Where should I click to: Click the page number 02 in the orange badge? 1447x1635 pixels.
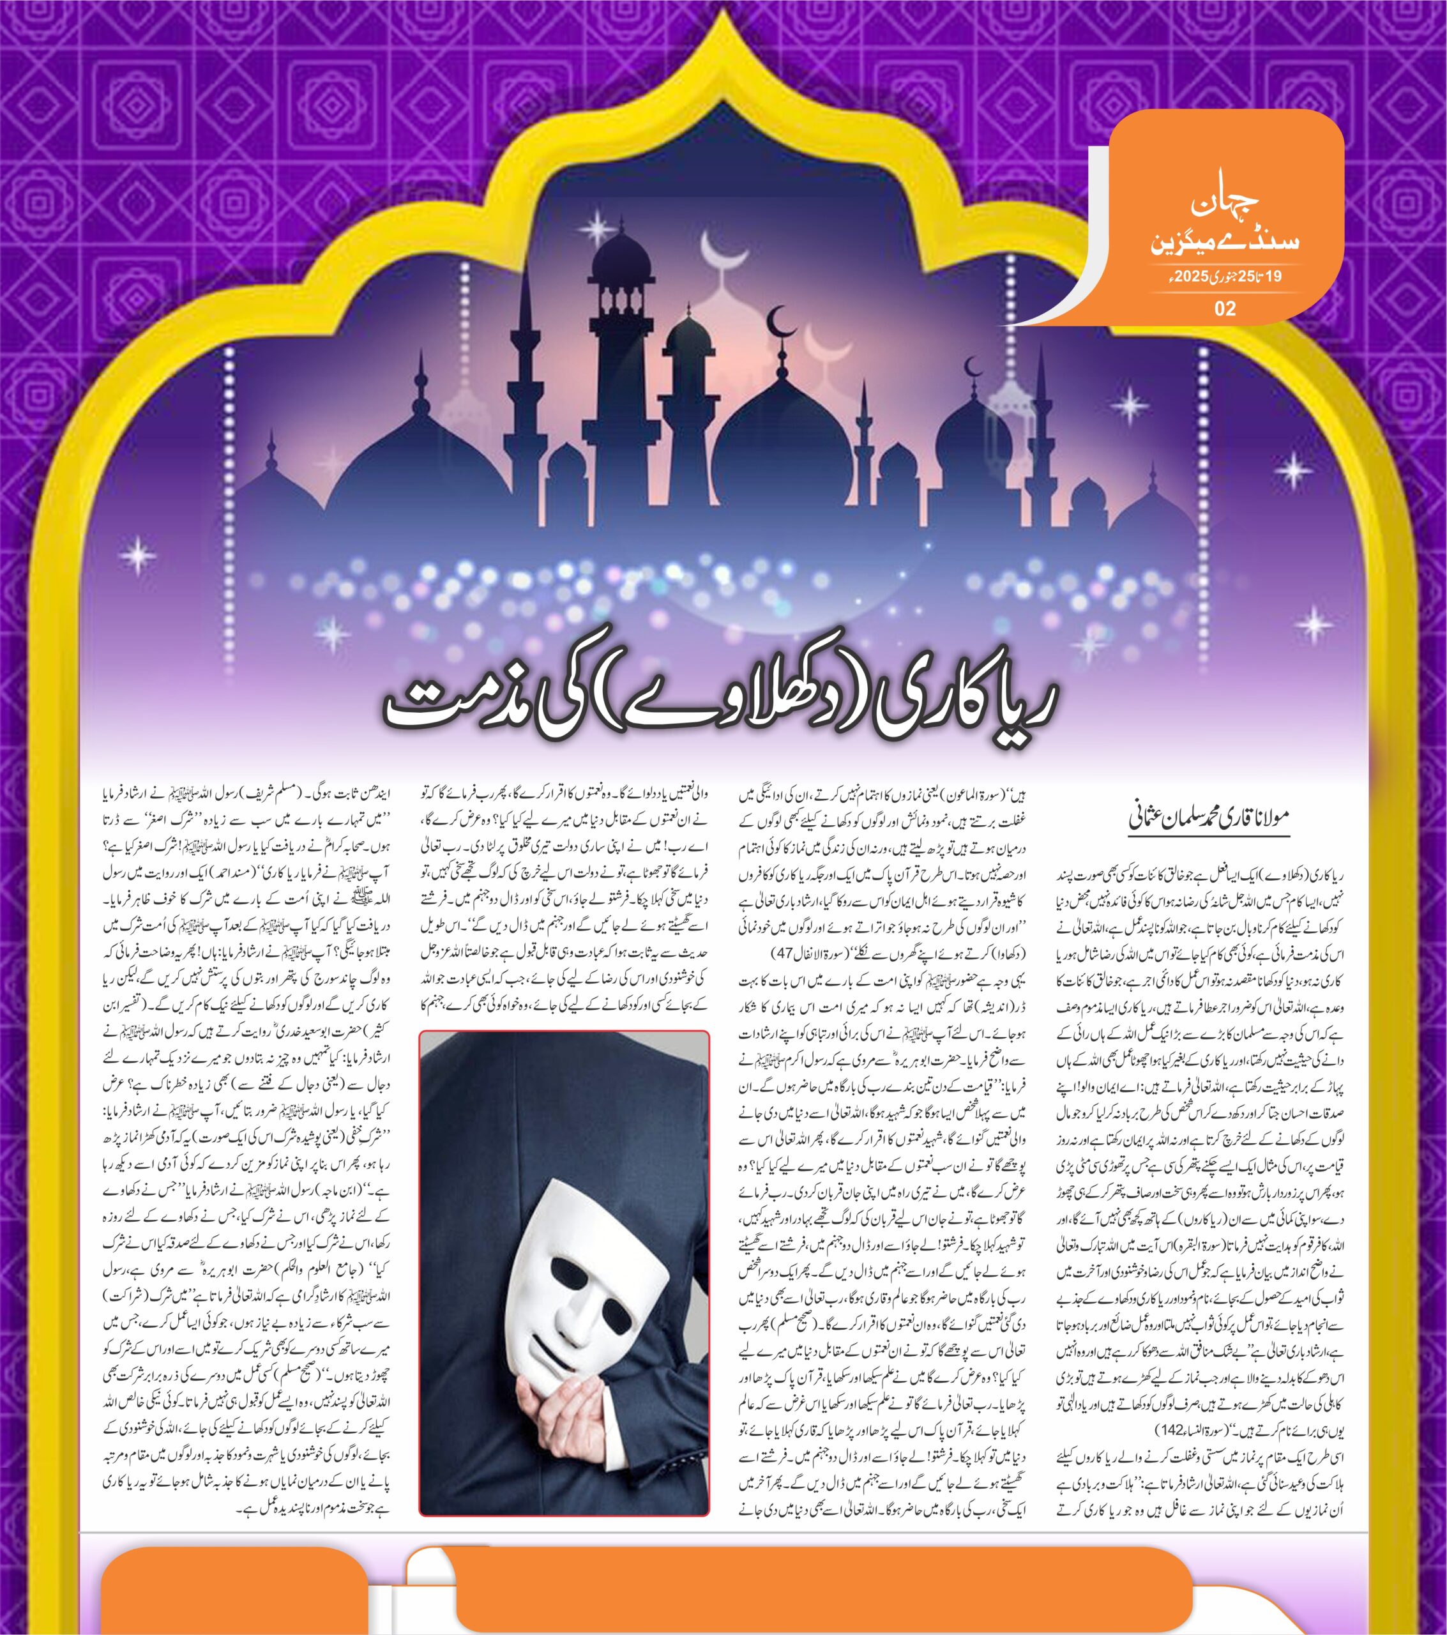tap(1225, 308)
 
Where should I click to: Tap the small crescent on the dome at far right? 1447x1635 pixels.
tap(973, 369)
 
